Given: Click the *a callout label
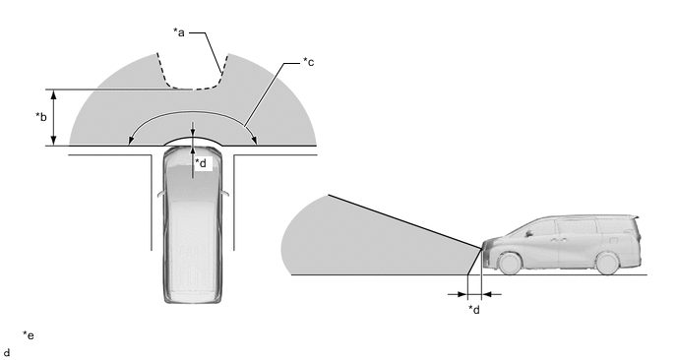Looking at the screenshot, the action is [x=179, y=32].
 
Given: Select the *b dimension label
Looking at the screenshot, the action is [x=41, y=116].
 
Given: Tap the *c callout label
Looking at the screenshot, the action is [x=308, y=62].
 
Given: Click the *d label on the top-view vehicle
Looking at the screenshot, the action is [x=201, y=163].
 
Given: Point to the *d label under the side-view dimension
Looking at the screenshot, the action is [x=474, y=310].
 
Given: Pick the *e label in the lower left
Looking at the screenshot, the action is [x=29, y=335].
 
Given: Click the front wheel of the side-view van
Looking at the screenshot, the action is [x=510, y=263].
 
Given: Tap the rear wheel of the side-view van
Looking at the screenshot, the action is [x=607, y=264].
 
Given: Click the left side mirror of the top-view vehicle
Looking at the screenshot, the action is [x=160, y=194].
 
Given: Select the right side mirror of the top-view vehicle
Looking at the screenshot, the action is [x=225, y=194].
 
